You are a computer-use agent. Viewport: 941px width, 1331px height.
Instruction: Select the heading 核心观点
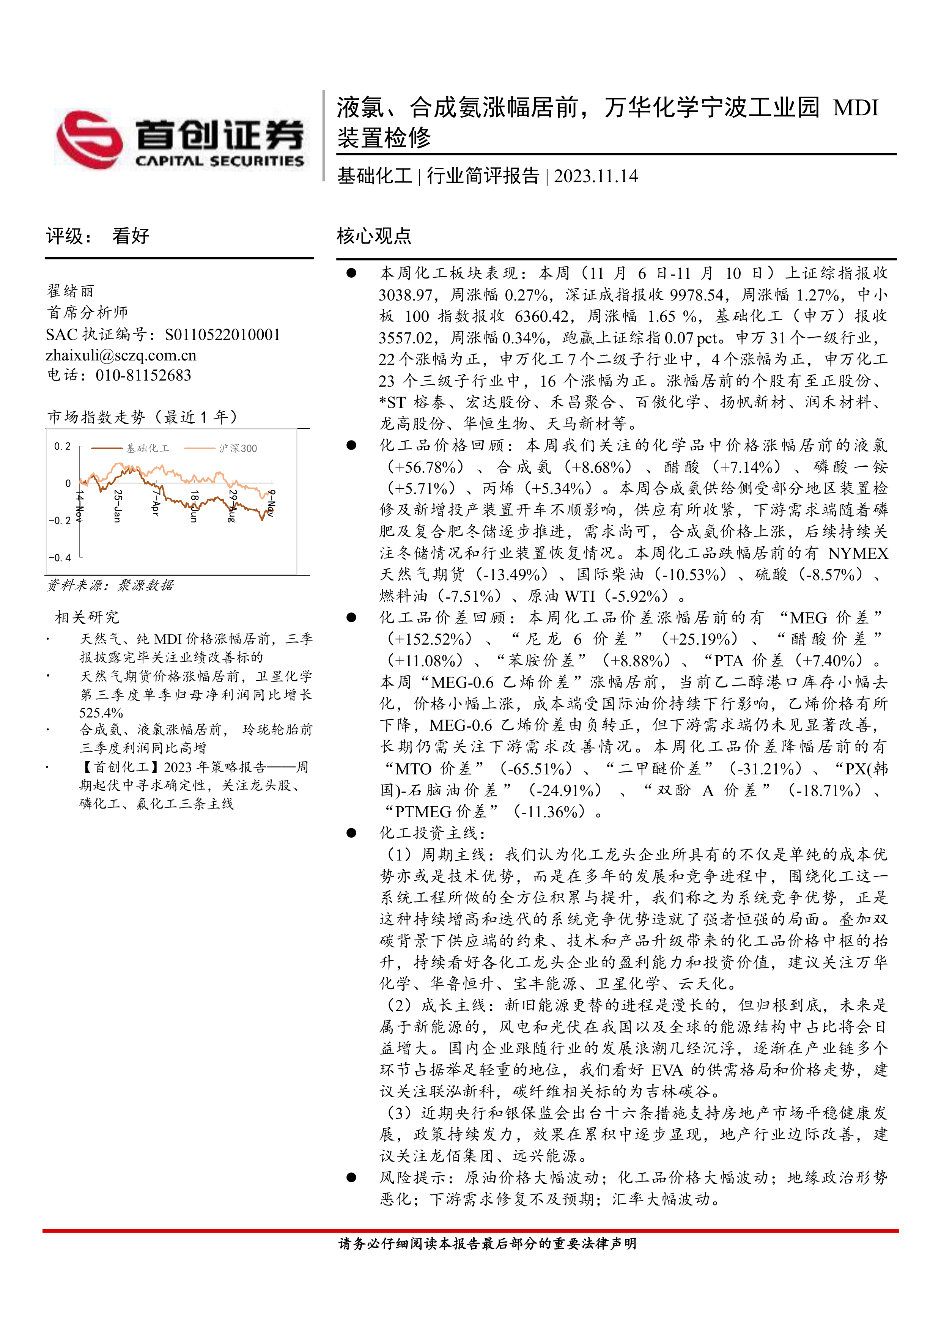(374, 236)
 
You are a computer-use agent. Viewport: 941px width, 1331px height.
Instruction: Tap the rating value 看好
(131, 236)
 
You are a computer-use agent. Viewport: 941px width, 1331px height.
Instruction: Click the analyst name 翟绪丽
(70, 290)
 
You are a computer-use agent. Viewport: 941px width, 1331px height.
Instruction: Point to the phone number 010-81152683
(143, 376)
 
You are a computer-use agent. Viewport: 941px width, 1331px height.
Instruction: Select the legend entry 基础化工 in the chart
(147, 448)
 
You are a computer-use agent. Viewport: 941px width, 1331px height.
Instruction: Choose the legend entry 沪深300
(238, 448)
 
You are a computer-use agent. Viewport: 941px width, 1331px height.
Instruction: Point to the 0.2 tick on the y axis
(62, 446)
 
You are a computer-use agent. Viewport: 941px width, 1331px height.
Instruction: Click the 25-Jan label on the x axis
(117, 505)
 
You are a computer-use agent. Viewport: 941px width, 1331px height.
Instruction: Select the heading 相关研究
(87, 617)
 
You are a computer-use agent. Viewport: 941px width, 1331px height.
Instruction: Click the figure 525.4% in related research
(101, 713)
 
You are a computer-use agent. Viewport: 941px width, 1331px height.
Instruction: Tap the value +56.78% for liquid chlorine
(425, 467)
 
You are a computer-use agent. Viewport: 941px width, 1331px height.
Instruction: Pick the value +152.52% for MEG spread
(430, 639)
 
